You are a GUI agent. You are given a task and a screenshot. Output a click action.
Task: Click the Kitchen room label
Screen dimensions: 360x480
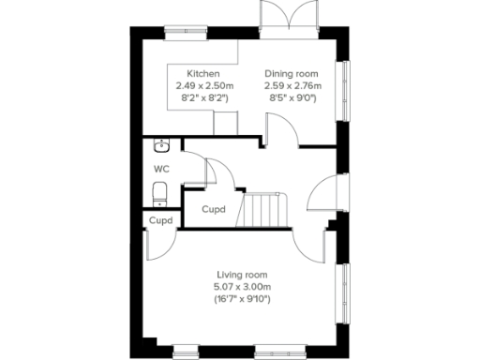(203, 74)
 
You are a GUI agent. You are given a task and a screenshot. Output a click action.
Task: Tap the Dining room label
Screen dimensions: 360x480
(291, 74)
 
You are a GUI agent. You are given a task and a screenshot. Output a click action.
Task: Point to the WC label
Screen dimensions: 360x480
(162, 170)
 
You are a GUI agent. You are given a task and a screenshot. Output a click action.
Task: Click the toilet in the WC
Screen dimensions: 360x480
(159, 194)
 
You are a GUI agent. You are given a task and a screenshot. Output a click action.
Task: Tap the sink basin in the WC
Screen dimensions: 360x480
(161, 145)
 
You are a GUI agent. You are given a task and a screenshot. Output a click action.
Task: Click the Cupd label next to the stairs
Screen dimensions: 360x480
(214, 210)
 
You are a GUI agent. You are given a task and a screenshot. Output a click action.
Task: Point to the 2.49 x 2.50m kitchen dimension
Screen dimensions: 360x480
(203, 85)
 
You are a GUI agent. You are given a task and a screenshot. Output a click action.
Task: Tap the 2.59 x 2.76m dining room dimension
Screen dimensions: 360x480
(291, 85)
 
